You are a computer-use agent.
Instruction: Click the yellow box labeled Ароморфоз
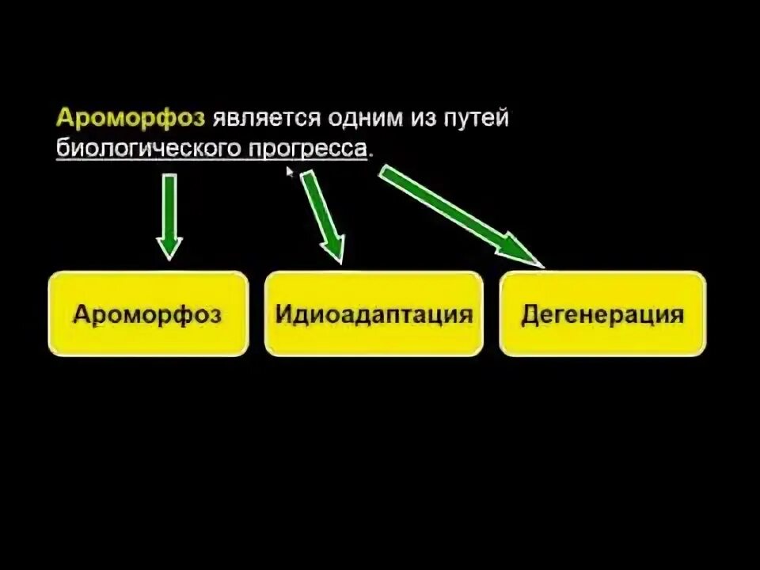(148, 314)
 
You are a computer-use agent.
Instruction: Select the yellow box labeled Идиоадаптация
(374, 314)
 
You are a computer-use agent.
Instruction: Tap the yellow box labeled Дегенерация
(602, 314)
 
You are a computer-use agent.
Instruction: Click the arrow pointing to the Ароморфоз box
(169, 210)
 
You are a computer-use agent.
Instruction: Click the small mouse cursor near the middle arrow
(290, 170)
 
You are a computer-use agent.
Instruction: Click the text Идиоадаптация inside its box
(374, 314)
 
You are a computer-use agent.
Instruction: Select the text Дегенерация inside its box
(602, 314)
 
